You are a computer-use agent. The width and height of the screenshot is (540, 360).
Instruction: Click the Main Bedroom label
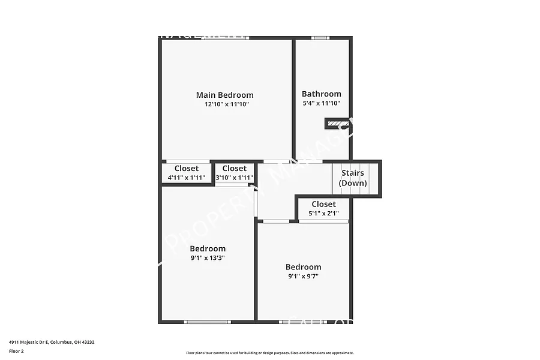tap(224, 95)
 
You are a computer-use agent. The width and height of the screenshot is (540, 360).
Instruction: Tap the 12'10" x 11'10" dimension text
tap(226, 104)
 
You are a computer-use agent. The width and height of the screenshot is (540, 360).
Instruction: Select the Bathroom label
tap(321, 94)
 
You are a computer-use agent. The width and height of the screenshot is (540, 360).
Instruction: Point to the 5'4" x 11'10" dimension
tap(321, 103)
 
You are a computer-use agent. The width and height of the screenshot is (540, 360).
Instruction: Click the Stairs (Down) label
tap(353, 178)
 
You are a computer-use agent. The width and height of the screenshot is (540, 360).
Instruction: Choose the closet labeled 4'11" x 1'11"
tap(186, 173)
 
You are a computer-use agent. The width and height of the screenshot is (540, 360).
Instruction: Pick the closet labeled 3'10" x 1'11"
tap(234, 173)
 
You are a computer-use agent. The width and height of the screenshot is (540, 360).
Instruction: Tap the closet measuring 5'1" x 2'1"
tap(323, 209)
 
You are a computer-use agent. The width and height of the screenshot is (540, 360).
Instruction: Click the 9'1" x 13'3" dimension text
tap(208, 258)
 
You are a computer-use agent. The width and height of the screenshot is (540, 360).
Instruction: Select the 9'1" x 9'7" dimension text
tap(303, 277)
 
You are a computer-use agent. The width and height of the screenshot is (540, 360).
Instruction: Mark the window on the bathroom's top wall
tap(320, 38)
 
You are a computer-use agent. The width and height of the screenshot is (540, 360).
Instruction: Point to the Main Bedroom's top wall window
tap(225, 38)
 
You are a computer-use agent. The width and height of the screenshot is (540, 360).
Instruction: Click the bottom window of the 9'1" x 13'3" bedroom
tap(207, 322)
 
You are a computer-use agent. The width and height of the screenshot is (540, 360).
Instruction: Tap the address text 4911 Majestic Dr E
tap(52, 342)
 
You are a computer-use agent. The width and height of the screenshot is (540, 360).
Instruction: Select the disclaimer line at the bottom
tap(269, 353)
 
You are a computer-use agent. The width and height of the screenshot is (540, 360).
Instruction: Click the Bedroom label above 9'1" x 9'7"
tap(303, 267)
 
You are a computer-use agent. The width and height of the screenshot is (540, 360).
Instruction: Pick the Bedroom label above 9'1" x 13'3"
tap(208, 248)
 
